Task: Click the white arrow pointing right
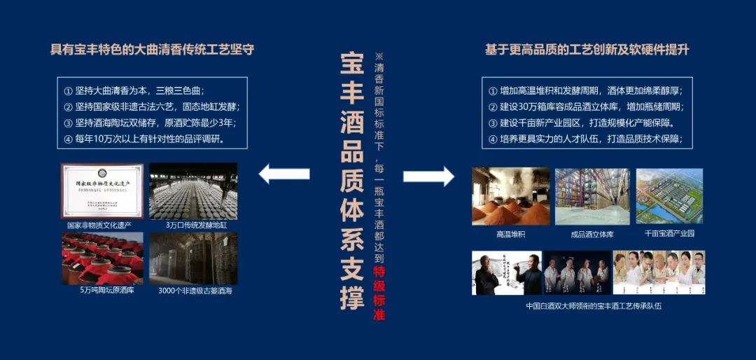428,175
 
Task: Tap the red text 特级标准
379,293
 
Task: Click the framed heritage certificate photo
102,191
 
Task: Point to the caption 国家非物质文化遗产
99,226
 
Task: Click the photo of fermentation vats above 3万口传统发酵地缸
193,191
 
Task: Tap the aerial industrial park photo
669,196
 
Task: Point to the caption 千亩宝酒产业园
669,233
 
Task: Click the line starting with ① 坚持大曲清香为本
133,91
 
